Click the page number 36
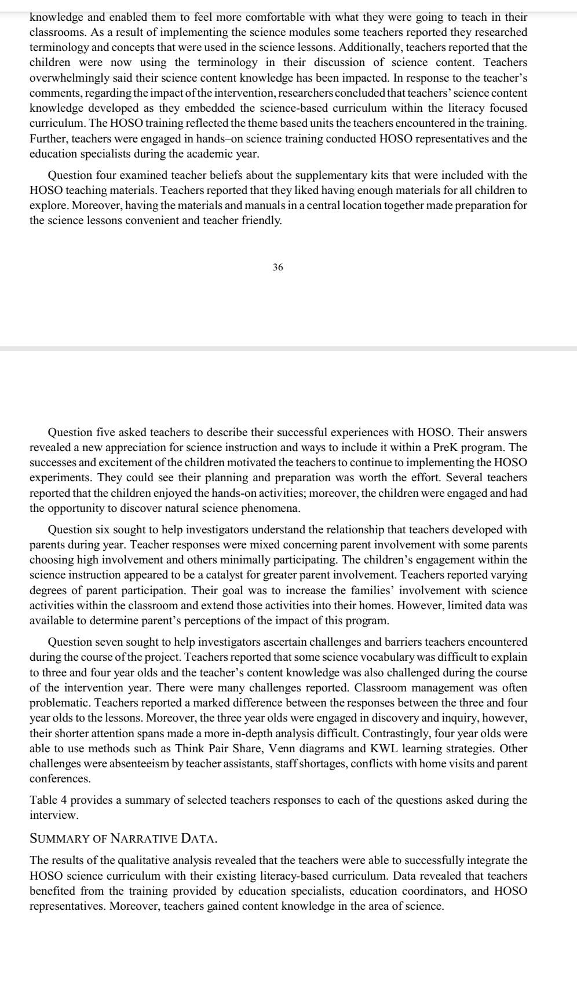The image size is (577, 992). tap(277, 268)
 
